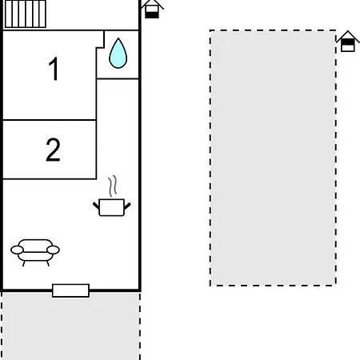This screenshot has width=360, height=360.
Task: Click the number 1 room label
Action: click(53, 70)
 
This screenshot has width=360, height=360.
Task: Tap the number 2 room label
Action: click(53, 150)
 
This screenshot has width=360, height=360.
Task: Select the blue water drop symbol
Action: click(118, 54)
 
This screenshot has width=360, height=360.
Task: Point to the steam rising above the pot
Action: click(115, 186)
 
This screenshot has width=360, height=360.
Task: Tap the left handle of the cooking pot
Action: click(96, 204)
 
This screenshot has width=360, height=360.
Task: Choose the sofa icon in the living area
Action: click(35, 251)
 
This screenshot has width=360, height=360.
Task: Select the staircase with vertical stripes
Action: click(25, 14)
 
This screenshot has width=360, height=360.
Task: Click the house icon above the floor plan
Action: click(151, 8)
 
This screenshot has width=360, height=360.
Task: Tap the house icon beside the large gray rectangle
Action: click(347, 41)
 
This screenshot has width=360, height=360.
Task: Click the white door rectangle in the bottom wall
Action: click(70, 290)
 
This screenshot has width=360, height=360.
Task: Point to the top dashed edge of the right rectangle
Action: click(273, 31)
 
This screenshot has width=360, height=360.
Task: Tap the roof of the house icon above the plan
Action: click(151, 4)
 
